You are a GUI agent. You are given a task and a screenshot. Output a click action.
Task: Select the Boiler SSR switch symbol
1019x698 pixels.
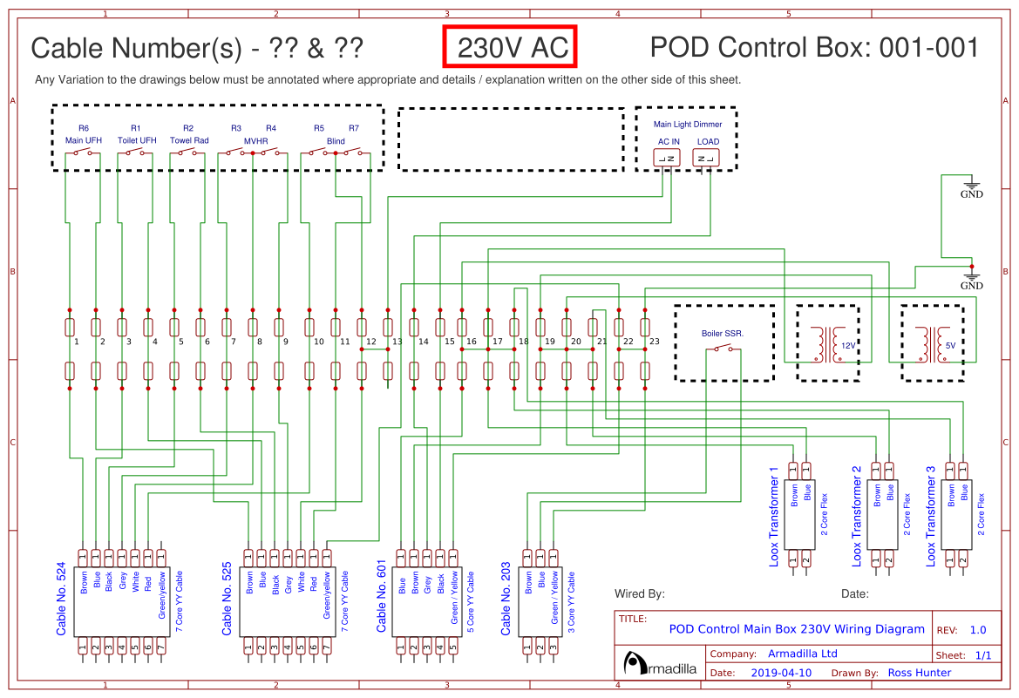coord(723,349)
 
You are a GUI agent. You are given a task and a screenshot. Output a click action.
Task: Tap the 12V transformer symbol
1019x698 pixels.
coord(825,345)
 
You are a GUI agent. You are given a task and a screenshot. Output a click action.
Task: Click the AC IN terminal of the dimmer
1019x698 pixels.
coord(668,158)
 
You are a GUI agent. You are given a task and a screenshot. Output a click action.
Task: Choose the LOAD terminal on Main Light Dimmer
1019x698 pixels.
coord(707,158)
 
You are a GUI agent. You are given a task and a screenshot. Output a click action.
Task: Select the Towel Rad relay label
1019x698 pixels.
coord(189,140)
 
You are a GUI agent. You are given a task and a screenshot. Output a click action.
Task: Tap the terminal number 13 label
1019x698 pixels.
coord(397,342)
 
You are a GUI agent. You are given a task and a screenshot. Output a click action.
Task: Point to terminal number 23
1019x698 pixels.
coord(655,342)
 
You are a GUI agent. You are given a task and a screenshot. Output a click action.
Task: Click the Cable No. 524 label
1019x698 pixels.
coord(62,597)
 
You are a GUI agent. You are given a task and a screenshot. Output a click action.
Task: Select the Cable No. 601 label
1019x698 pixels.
coord(381,597)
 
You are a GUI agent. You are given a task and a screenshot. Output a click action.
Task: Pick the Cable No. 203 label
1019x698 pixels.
coord(507,597)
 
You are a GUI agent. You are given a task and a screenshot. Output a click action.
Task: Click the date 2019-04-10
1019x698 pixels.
coord(781,673)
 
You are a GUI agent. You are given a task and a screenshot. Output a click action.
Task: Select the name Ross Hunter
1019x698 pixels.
coord(920,673)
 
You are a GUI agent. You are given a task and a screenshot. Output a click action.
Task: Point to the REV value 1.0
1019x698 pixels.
coord(977,630)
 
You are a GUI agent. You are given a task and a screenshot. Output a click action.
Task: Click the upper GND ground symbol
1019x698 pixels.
coord(971,186)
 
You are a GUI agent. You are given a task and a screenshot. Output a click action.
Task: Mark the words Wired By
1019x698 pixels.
coord(640,594)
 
